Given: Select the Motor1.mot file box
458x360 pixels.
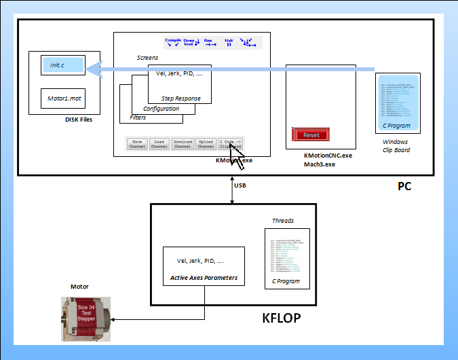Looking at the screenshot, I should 62,98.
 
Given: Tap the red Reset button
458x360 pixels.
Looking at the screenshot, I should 311,134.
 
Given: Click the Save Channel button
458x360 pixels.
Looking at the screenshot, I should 137,143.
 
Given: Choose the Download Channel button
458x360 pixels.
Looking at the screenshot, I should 183,143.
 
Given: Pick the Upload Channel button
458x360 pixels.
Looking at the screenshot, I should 206,143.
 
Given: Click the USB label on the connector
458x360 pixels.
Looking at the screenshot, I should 240,185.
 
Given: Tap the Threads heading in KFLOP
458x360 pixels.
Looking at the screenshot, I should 283,221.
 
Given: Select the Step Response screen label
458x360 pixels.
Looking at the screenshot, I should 180,98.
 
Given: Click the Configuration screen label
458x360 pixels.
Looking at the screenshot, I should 161,109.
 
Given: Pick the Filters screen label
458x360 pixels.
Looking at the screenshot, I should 138,118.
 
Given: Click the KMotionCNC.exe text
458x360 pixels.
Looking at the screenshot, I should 328,156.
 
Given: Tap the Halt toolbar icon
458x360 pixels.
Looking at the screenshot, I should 229,42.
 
